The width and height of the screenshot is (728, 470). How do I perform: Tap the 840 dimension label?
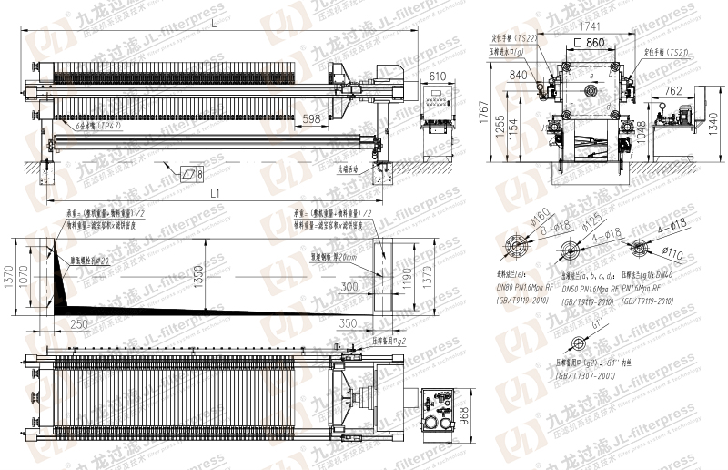519,75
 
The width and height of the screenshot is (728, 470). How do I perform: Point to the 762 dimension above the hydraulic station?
673,90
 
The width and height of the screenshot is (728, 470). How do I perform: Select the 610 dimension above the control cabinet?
438,76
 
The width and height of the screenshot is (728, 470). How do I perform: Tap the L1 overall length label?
216,193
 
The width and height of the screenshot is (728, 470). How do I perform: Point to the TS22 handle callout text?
527,39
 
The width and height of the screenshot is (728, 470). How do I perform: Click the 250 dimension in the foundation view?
79,323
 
